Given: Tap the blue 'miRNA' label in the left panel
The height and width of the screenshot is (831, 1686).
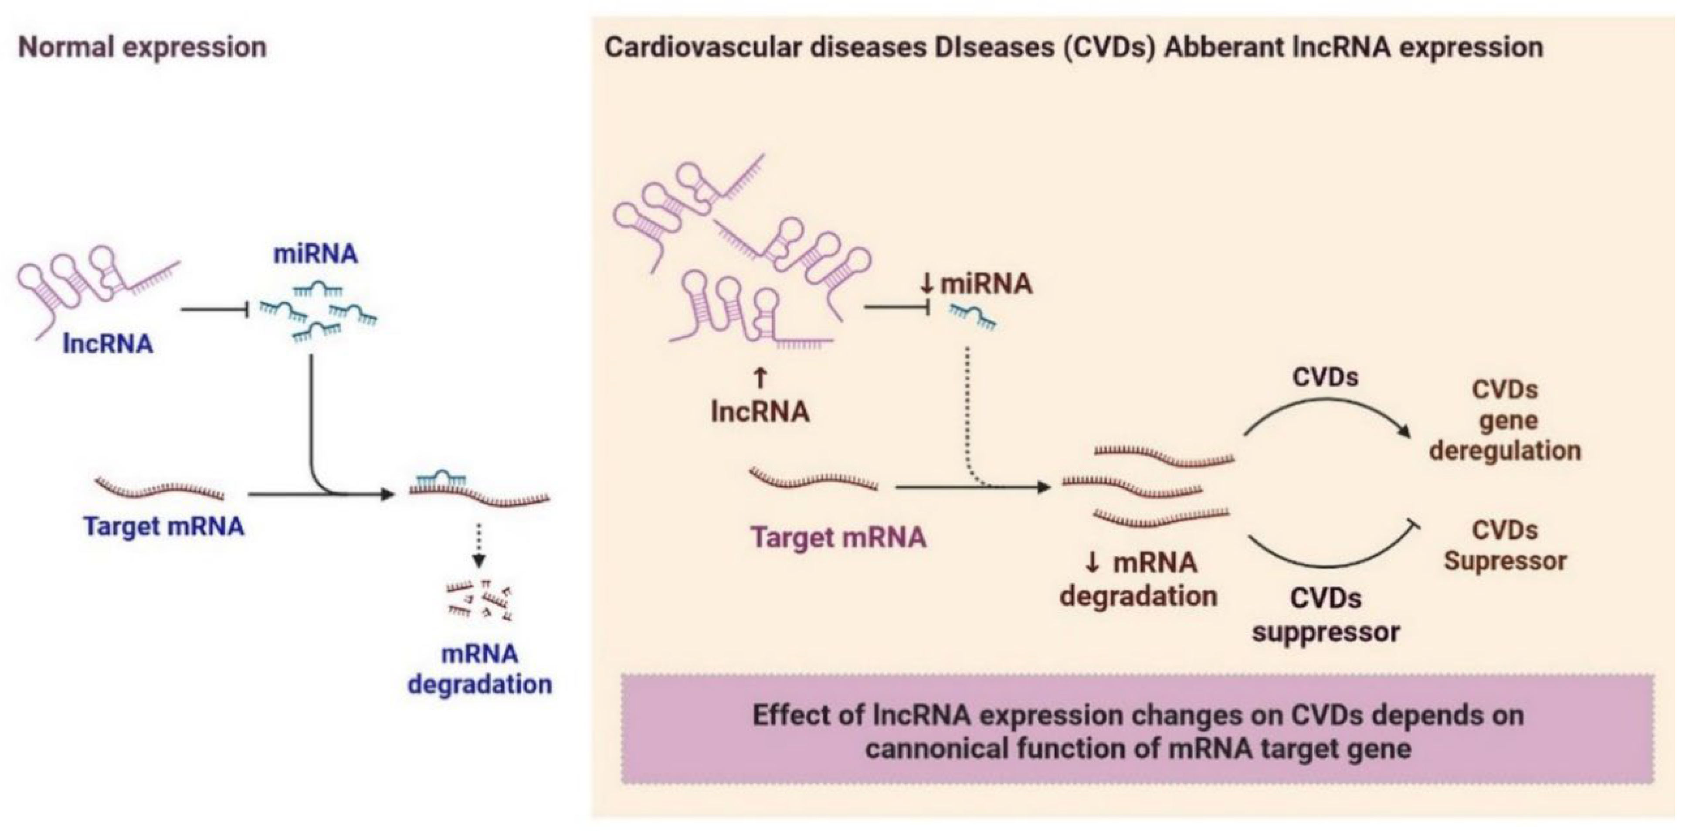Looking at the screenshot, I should (x=315, y=254).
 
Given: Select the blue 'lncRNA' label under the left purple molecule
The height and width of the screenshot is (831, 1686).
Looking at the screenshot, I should (x=108, y=343).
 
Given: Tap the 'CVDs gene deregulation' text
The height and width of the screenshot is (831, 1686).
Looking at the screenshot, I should (x=1505, y=420).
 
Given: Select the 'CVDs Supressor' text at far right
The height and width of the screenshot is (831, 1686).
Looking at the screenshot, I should (x=1505, y=545).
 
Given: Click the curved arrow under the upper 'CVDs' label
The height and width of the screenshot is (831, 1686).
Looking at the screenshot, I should (x=1329, y=411).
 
